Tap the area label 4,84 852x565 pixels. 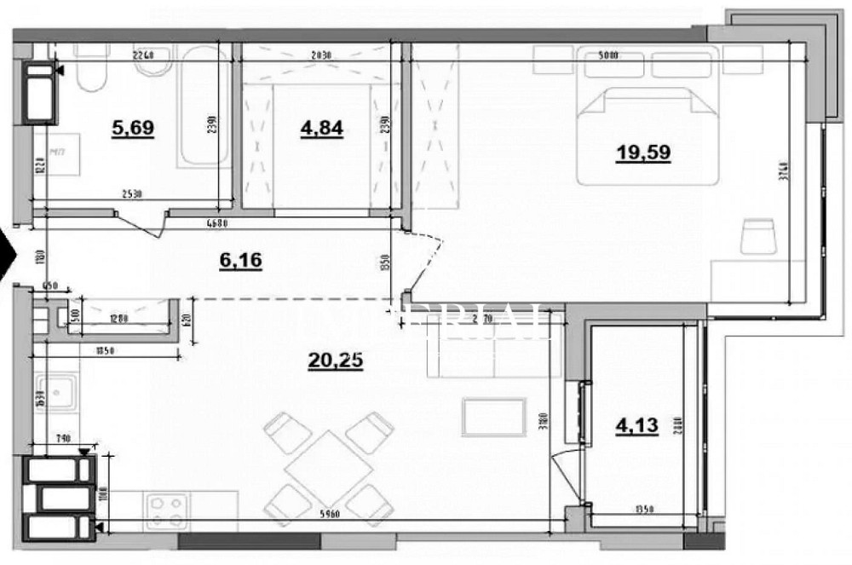321,129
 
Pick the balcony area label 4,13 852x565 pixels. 636,424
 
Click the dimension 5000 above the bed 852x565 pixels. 631,56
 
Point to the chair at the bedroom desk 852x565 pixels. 757,236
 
